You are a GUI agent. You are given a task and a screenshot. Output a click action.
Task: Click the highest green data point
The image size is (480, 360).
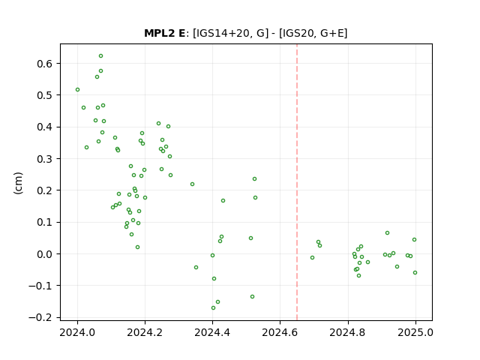[x=100, y=56]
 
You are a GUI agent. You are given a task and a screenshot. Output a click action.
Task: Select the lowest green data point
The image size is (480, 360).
[x=213, y=308]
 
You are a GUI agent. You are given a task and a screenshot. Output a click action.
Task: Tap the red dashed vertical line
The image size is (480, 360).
[x=297, y=182]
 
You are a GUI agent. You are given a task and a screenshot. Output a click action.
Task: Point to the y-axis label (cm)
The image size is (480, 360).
[x=18, y=183]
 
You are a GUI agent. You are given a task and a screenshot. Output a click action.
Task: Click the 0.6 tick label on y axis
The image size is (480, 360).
[x=46, y=64]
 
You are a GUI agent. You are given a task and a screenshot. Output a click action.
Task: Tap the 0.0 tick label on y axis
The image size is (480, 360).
[x=46, y=254]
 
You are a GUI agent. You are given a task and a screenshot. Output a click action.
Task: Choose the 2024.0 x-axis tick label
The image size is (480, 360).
[x=77, y=332]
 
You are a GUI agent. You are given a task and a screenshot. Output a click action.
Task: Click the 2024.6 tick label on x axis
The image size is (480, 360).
[x=280, y=332]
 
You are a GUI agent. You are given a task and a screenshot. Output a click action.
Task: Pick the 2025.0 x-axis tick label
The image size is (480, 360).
[x=415, y=332]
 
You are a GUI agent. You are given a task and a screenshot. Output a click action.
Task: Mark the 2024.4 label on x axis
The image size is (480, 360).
[x=212, y=332]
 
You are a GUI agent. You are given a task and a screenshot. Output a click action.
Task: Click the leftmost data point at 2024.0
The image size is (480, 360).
[x=77, y=90]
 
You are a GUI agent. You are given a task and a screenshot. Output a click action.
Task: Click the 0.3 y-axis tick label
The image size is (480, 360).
[x=46, y=159]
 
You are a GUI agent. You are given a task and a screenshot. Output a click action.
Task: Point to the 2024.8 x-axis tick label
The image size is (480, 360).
[x=347, y=332]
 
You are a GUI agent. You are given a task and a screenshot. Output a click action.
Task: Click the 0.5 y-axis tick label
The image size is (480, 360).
[x=46, y=95]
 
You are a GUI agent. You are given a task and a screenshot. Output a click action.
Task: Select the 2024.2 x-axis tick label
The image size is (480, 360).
[x=145, y=332]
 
